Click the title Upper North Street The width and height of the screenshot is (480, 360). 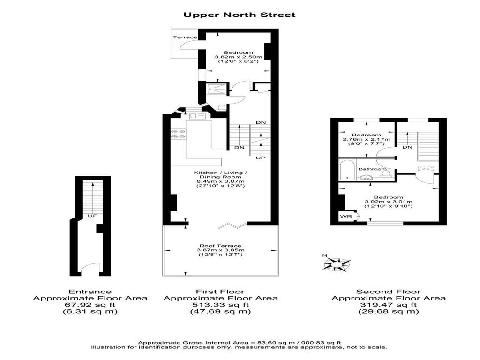pyautogui.click(x=240, y=15)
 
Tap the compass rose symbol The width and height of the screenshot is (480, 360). pyautogui.click(x=337, y=263)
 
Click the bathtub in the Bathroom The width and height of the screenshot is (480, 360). pyautogui.click(x=347, y=170)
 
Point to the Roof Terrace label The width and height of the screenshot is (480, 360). pyautogui.click(x=220, y=246)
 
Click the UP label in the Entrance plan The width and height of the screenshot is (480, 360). pyautogui.click(x=92, y=216)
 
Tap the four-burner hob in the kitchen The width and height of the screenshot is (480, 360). pyautogui.click(x=178, y=134)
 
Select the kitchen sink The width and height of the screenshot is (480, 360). pyautogui.click(x=197, y=116)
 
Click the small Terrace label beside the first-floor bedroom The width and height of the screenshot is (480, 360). pyautogui.click(x=185, y=37)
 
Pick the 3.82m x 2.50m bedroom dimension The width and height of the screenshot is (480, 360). pyautogui.click(x=239, y=57)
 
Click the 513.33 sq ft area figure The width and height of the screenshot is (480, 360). pyautogui.click(x=220, y=305)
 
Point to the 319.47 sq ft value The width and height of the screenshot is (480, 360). pyautogui.click(x=389, y=305)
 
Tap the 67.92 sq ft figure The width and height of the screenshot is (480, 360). pyautogui.click(x=90, y=305)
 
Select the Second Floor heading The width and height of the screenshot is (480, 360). pyautogui.click(x=389, y=292)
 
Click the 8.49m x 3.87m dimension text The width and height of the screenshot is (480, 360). pyautogui.click(x=220, y=181)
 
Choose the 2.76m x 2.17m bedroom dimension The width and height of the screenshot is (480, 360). pyautogui.click(x=367, y=139)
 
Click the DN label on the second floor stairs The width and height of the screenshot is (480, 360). pyautogui.click(x=407, y=147)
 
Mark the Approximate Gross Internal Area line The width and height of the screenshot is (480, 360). pyautogui.click(x=240, y=343)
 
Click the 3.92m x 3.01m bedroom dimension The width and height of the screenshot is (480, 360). pyautogui.click(x=389, y=202)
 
